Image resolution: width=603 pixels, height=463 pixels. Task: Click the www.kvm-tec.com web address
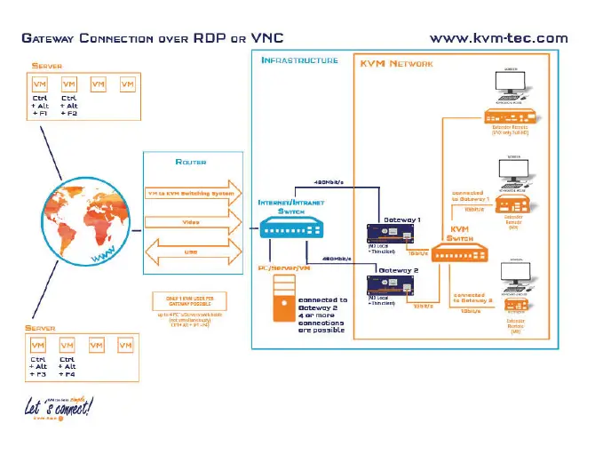[x=498, y=38]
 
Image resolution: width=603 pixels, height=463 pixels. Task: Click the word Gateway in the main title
[x=48, y=39]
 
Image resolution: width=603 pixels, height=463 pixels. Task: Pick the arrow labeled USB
[x=190, y=251]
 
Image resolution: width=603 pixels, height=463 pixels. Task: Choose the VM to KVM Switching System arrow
[x=191, y=194]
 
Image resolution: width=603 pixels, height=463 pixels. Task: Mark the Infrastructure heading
[x=298, y=60]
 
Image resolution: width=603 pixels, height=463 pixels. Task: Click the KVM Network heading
[x=396, y=65]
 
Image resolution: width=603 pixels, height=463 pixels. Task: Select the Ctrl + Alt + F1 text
[x=40, y=107]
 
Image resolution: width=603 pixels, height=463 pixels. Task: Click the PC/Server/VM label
[x=282, y=265]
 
